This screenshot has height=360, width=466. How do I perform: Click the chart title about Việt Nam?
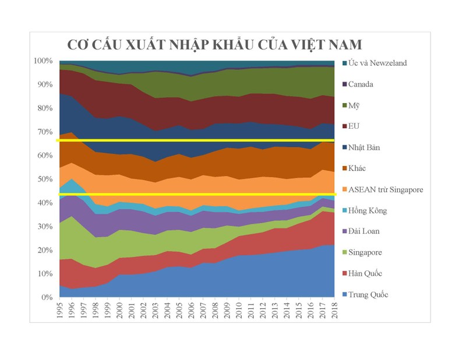pyautogui.click(x=214, y=45)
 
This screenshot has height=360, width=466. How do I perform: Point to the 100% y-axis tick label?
pyautogui.click(x=44, y=61)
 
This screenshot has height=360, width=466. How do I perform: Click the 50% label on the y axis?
pyautogui.click(x=45, y=179)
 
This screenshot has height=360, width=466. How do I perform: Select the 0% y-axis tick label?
pyautogui.click(x=48, y=298)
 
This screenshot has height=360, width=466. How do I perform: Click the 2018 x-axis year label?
pyautogui.click(x=334, y=312)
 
